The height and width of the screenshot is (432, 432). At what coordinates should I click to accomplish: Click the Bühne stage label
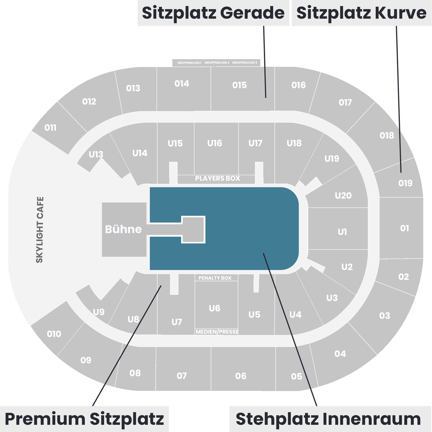click(x=123, y=229)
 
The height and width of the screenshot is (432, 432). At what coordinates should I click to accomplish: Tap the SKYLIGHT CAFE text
click(x=40, y=230)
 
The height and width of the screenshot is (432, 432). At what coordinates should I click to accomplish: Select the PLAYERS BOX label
click(x=217, y=178)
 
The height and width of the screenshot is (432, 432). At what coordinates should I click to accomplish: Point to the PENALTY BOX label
click(x=215, y=278)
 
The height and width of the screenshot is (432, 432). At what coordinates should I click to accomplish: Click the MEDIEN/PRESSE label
click(x=217, y=332)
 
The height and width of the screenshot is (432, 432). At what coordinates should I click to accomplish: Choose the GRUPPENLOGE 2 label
click(x=217, y=63)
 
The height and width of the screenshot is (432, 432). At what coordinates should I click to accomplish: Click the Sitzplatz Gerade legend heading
click(x=213, y=13)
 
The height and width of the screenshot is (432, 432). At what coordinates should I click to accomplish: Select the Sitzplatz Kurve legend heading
click(x=361, y=13)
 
